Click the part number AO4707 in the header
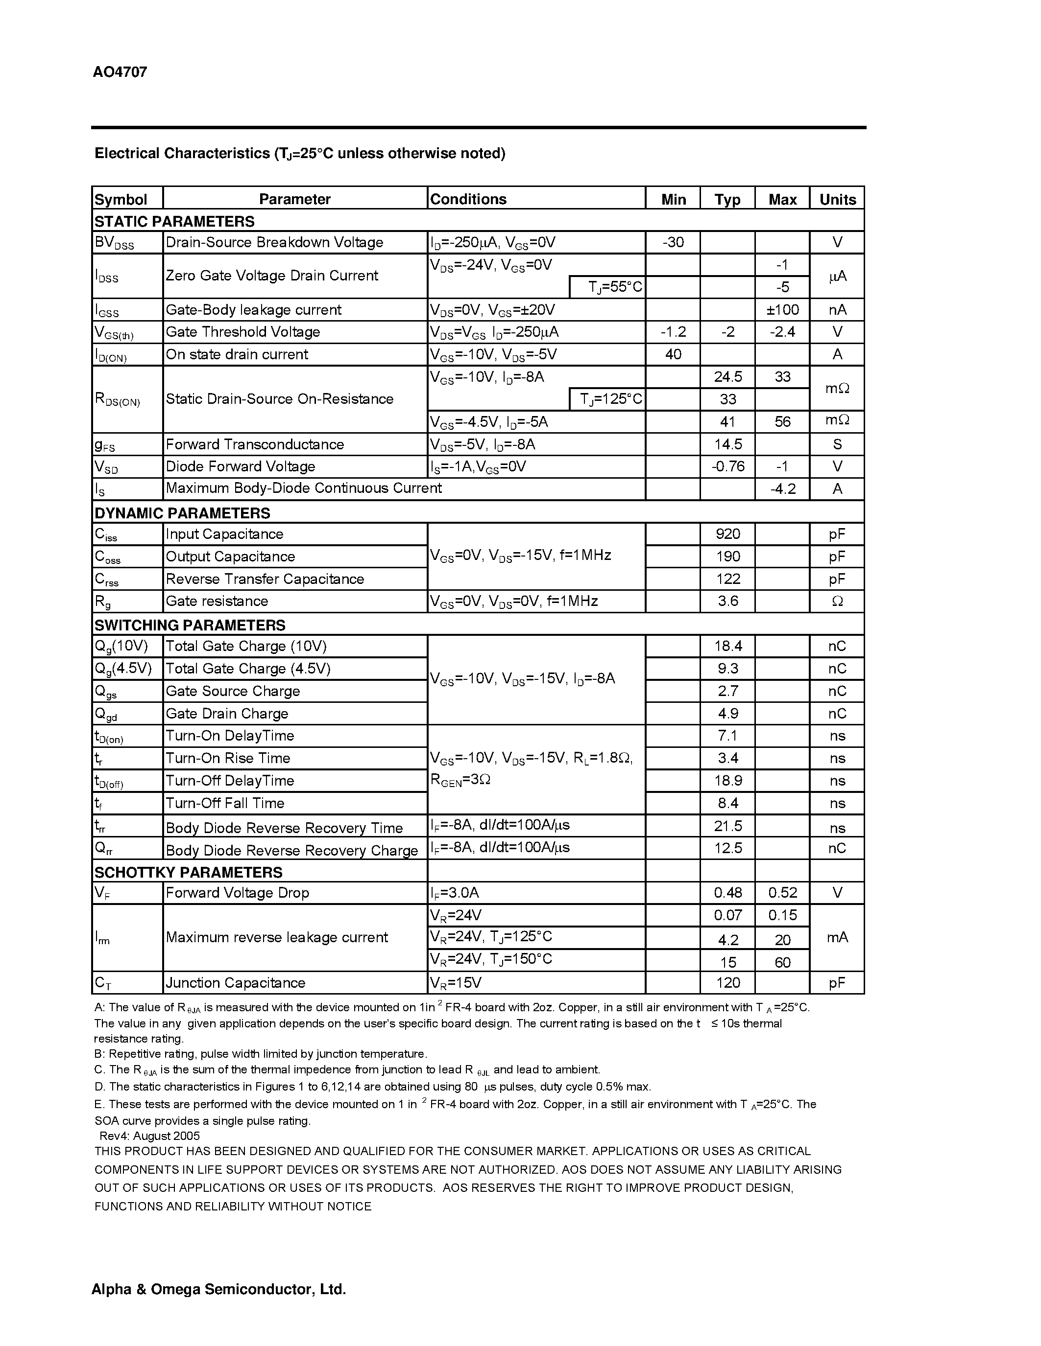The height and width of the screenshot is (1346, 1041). click(120, 72)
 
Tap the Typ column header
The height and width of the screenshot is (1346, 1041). click(727, 200)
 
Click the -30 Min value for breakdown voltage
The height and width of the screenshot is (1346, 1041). click(673, 242)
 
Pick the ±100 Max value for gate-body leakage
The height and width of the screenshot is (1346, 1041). click(782, 309)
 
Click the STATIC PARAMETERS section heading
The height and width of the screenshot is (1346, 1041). click(174, 221)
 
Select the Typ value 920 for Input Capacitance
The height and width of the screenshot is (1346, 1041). click(727, 534)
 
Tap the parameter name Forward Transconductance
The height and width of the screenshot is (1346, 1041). click(255, 444)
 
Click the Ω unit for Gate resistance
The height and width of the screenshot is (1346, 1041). click(837, 601)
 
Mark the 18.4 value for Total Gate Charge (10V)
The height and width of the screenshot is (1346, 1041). click(727, 646)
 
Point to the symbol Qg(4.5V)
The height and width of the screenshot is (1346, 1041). click(123, 669)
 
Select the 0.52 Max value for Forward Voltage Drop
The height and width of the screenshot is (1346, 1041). click(782, 892)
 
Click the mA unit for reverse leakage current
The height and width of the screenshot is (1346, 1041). click(837, 937)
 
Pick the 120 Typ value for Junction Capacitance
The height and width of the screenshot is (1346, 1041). click(727, 982)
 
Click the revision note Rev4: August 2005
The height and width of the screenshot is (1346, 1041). click(149, 1135)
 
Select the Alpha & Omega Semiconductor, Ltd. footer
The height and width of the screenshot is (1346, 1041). click(218, 1289)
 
